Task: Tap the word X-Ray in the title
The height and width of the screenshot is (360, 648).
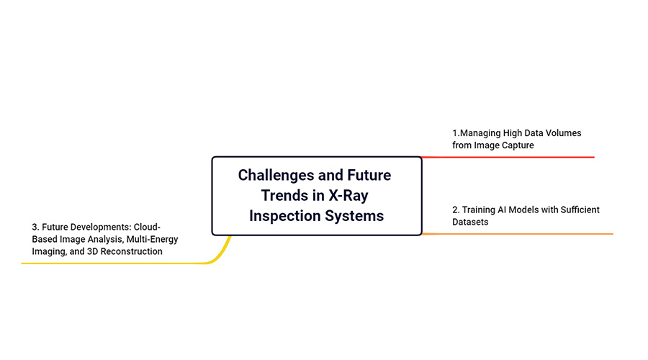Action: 348,196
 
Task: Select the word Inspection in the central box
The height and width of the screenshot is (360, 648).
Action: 284,216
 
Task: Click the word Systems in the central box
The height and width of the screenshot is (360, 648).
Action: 354,216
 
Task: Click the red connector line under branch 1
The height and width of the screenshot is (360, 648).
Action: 508,157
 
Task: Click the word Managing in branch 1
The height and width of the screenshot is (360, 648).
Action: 480,133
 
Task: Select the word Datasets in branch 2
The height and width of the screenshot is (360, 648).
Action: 470,222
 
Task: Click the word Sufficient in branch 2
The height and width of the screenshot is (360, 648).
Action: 580,210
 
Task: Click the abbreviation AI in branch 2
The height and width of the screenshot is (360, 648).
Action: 502,210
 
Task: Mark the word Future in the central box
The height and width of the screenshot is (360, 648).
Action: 369,175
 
